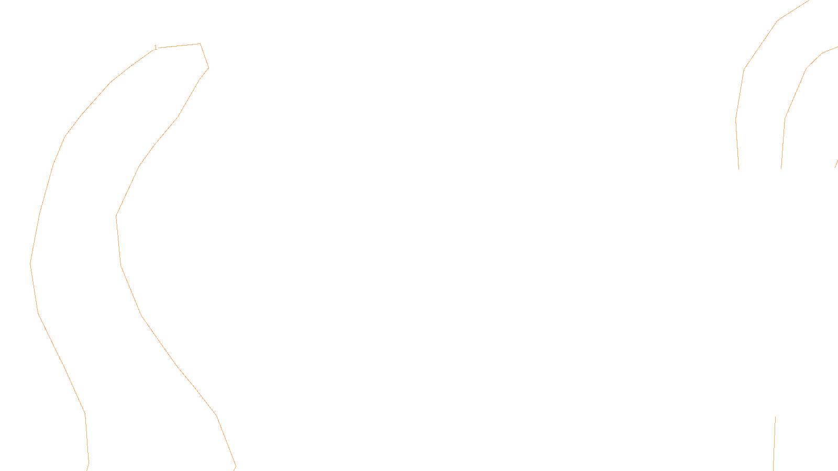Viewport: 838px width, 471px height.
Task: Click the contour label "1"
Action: (x=156, y=48)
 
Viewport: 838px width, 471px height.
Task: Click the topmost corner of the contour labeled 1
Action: (x=200, y=44)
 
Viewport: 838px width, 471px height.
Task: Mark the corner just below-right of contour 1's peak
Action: (x=208, y=68)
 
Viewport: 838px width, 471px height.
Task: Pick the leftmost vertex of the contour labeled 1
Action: (x=30, y=263)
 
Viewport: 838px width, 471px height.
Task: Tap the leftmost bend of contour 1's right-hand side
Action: (x=116, y=216)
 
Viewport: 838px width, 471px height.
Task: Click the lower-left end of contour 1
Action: (x=87, y=470)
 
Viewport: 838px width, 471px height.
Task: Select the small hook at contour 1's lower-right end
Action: (x=235, y=466)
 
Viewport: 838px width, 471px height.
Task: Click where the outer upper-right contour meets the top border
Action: (x=810, y=1)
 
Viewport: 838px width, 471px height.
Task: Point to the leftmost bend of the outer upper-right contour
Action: (x=736, y=119)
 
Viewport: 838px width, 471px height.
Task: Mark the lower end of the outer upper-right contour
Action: (x=739, y=169)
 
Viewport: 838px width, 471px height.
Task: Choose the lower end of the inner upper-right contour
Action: (x=781, y=169)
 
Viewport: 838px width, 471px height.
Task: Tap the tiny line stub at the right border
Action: (x=836, y=164)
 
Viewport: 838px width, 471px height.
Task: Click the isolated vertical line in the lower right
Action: (x=774, y=445)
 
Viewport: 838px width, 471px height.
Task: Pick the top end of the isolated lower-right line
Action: (x=775, y=417)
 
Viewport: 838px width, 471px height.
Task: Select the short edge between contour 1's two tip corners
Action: (x=204, y=55)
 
